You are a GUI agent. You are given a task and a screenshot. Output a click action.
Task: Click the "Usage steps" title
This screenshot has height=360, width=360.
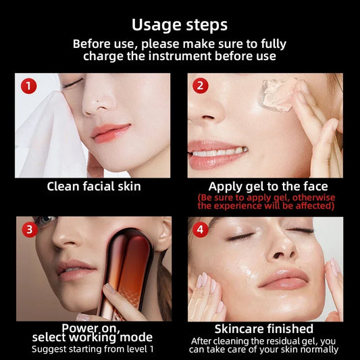pyautogui.click(x=180, y=24)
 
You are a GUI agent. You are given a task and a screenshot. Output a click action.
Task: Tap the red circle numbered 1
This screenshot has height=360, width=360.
pyautogui.click(x=28, y=86)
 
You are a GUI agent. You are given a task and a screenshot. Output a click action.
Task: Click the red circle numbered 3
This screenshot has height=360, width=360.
pyautogui.click(x=29, y=230)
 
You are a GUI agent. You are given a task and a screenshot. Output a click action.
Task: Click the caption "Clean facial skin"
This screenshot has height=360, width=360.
pyautogui.click(x=93, y=186)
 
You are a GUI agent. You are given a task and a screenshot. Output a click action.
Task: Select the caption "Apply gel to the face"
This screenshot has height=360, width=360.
pyautogui.click(x=267, y=186)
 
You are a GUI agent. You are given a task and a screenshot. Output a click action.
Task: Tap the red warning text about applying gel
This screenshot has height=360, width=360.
pyautogui.click(x=266, y=201)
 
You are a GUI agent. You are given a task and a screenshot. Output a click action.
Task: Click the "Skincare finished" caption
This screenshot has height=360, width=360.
pyautogui.click(x=263, y=329)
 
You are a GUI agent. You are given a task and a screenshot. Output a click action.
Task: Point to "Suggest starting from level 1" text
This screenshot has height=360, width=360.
pyautogui.click(x=93, y=349)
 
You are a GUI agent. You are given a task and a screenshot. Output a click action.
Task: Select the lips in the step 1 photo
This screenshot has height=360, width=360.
pyautogui.click(x=111, y=130)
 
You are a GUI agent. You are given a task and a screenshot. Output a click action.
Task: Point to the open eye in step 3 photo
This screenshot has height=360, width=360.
pyautogui.click(x=46, y=221)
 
